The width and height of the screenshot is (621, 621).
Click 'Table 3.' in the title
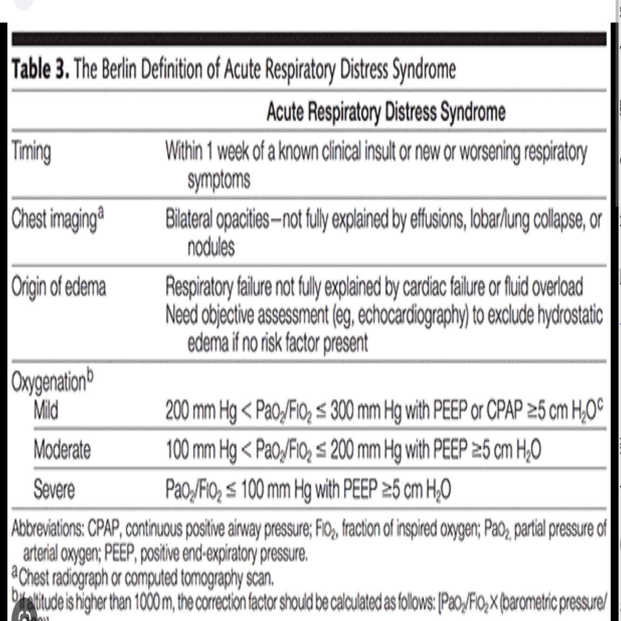[40, 69]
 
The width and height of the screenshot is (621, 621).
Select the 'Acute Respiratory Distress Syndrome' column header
[385, 112]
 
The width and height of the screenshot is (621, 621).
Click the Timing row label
[31, 152]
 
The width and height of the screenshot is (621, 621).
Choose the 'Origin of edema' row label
[59, 286]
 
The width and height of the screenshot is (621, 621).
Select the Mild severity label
[46, 411]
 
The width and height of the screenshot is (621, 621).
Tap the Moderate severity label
[62, 450]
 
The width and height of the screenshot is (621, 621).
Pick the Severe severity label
[54, 489]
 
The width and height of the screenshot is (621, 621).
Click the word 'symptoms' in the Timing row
[219, 180]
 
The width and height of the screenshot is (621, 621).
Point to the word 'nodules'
[211, 247]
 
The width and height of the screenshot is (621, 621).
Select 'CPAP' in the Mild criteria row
[504, 411]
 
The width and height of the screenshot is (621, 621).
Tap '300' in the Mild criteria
[343, 411]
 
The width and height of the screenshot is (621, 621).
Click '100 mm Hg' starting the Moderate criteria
[201, 450]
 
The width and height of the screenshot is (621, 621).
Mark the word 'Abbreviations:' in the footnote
[47, 528]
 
